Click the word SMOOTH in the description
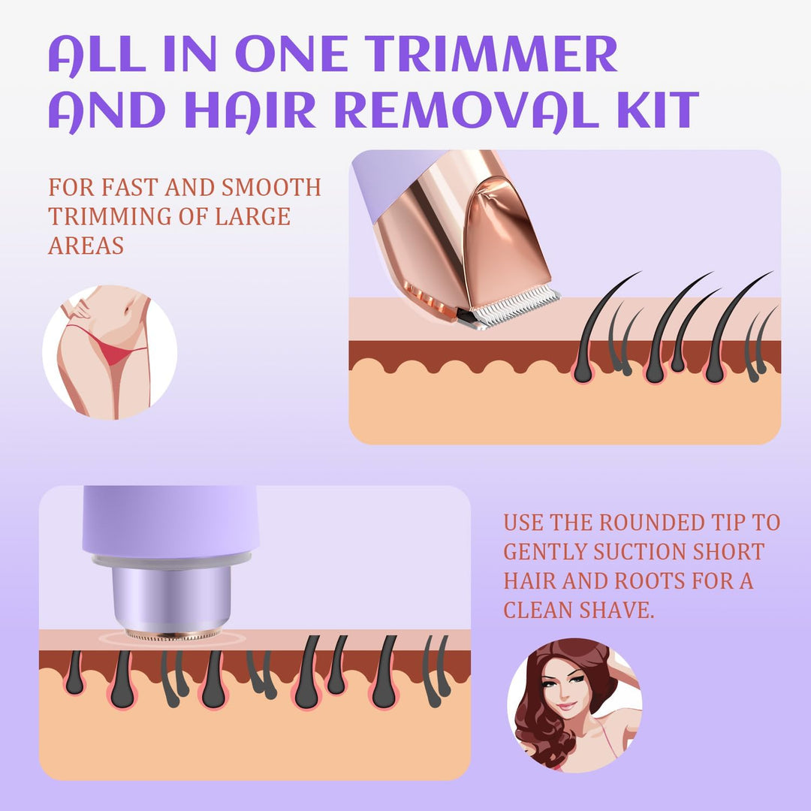(271, 187)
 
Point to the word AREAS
(86, 245)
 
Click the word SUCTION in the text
(639, 551)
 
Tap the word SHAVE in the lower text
(617, 610)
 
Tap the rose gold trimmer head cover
(499, 238)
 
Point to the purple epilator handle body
(170, 520)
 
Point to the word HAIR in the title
(250, 110)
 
